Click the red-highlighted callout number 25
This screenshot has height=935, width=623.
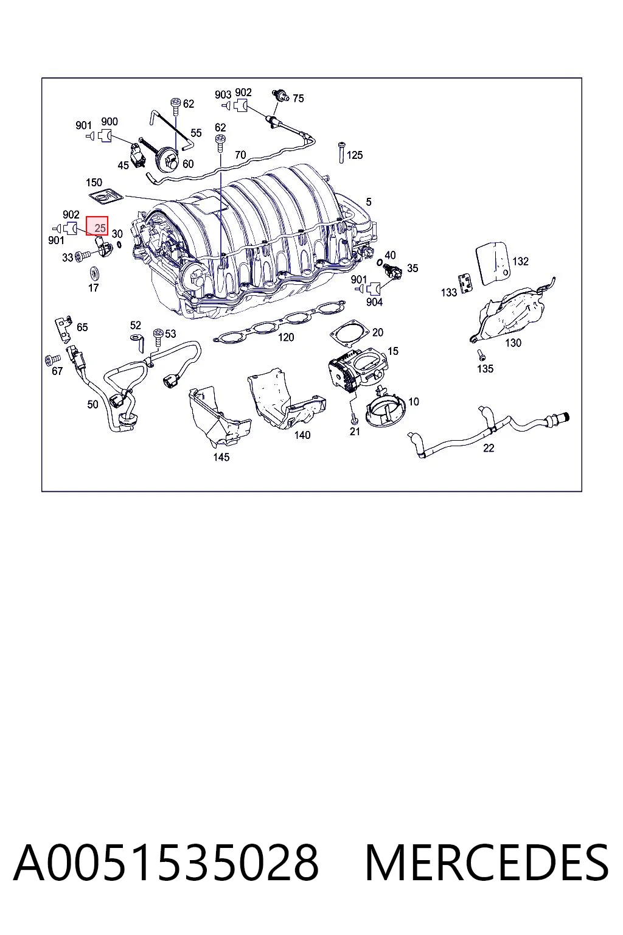[100, 228]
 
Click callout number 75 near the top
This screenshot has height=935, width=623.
[298, 99]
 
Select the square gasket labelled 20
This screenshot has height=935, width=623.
[350, 333]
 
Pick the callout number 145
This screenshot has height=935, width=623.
[221, 457]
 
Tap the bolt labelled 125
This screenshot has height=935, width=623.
[341, 153]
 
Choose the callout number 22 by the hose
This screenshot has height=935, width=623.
[488, 448]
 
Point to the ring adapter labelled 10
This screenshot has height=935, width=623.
[386, 410]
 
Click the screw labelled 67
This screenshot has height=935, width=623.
[52, 359]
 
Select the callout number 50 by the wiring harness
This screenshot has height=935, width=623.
[92, 404]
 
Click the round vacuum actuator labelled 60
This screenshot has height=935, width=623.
[167, 158]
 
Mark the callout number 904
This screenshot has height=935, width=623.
[374, 302]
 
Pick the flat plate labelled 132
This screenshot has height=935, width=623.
[493, 264]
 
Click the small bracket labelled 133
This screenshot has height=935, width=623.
[465, 284]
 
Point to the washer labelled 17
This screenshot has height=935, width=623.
[94, 273]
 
